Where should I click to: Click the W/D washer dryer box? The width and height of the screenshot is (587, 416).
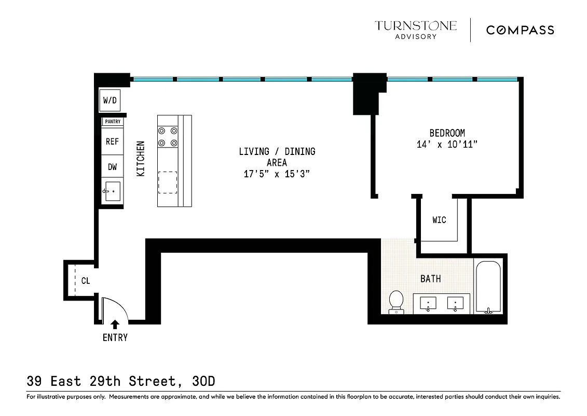point(110,100)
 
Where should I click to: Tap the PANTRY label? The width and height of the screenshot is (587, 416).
point(113,122)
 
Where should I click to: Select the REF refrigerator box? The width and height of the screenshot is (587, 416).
point(112,141)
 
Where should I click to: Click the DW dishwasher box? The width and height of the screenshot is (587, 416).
point(112,167)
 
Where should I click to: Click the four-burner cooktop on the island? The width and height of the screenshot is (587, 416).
point(168,137)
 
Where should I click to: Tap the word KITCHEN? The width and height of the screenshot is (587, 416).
point(141,159)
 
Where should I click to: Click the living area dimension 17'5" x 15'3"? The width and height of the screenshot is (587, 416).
point(277,174)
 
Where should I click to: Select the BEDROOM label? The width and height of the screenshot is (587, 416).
point(447,133)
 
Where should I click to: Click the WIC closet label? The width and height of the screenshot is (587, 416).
point(439,220)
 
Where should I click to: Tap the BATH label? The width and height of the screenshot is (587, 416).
point(430,279)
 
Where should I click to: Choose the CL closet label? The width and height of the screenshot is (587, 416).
point(86,281)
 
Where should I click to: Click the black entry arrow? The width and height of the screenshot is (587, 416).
point(115,323)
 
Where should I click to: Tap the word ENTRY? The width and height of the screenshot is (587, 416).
point(115,337)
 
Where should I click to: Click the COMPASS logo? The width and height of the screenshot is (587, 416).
point(520,30)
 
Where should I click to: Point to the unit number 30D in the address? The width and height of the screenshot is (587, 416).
point(203,382)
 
